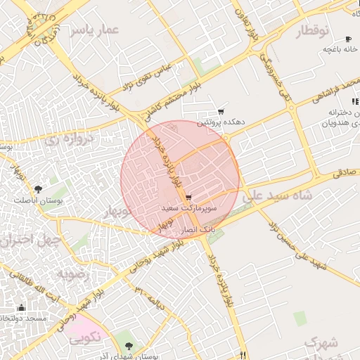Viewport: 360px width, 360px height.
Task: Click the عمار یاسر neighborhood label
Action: click(x=99, y=30)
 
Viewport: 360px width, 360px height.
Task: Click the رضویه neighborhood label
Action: click(x=75, y=274)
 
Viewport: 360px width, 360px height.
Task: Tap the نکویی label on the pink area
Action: click(x=86, y=337)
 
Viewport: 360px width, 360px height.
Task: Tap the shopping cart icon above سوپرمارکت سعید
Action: click(x=188, y=198)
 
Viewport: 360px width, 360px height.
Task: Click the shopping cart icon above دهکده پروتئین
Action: click(x=221, y=112)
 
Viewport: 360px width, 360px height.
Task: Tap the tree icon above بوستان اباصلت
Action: click(x=38, y=188)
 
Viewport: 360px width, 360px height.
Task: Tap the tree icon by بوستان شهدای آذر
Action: click(x=128, y=345)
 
